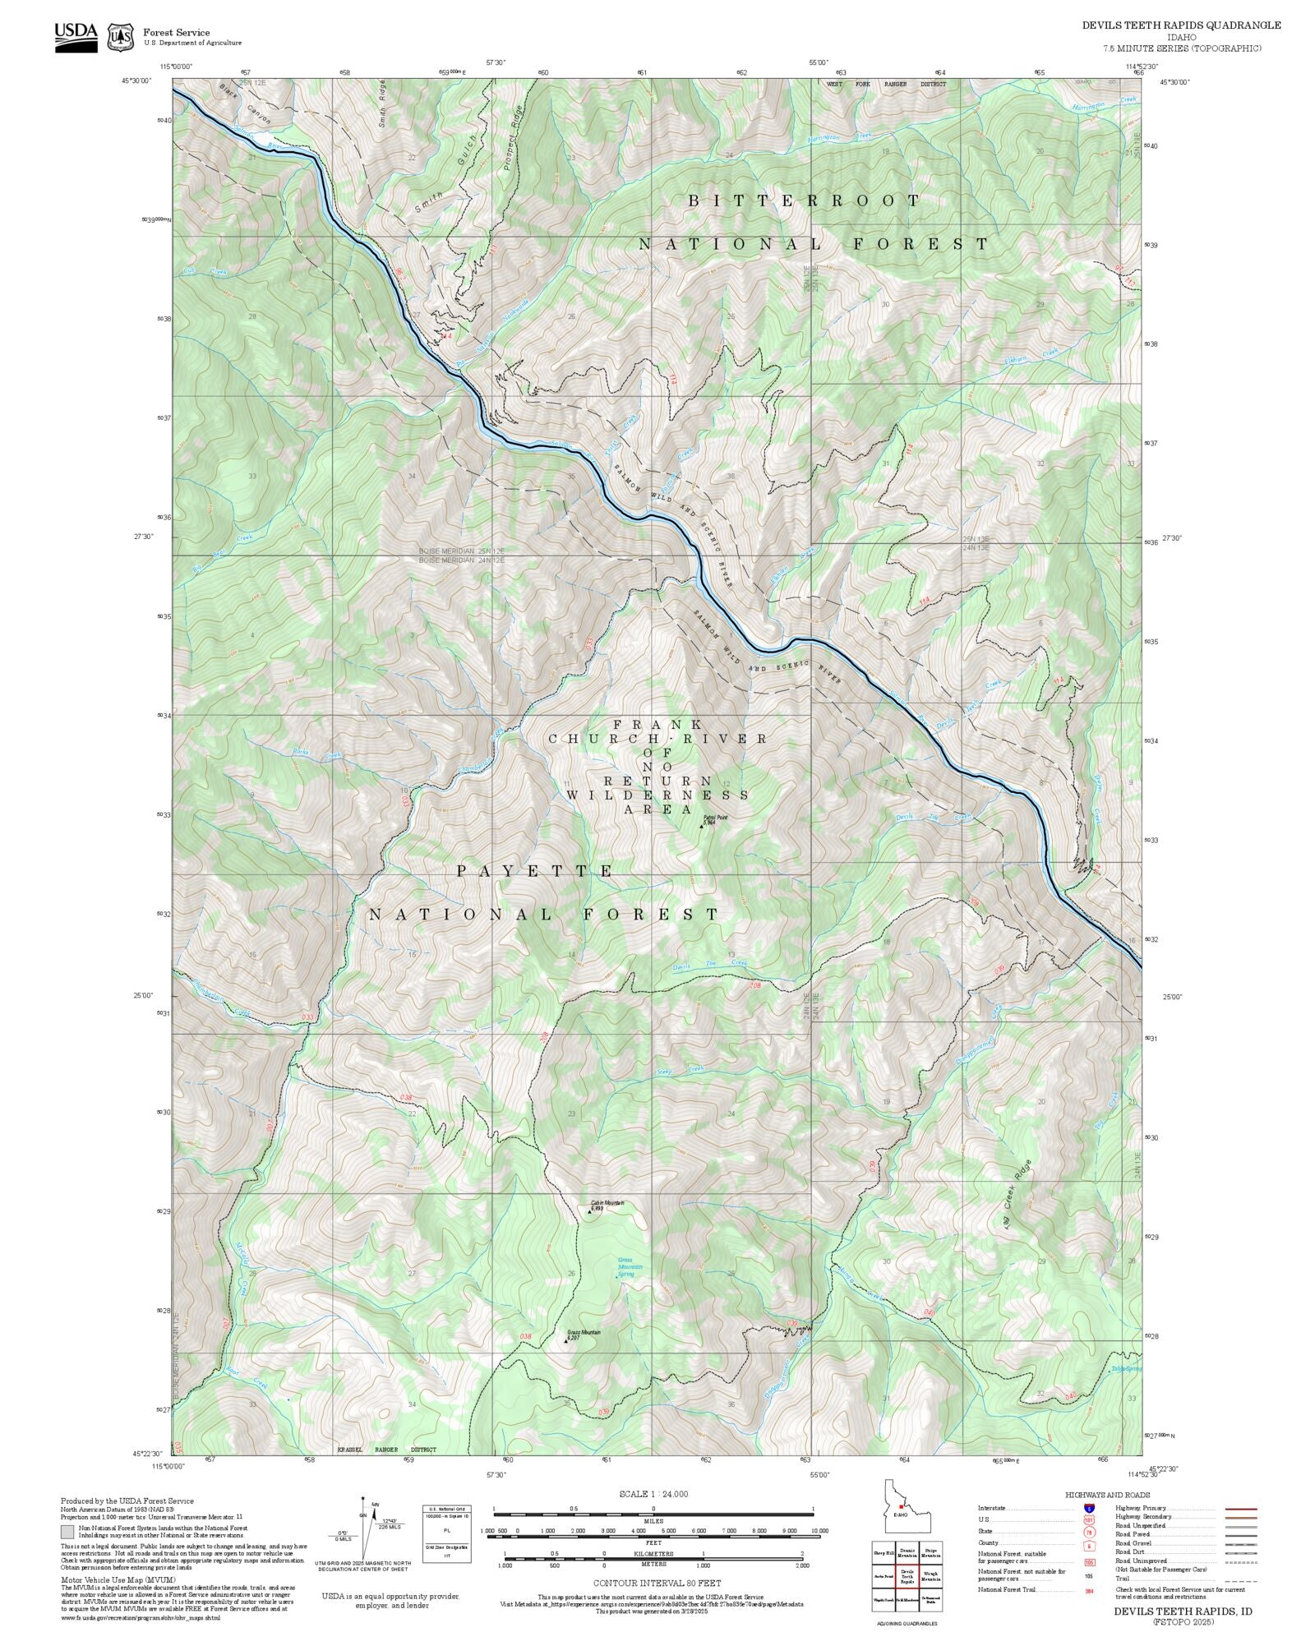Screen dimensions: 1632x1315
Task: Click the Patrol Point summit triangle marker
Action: (x=701, y=826)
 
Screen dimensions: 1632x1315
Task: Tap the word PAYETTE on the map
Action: (x=536, y=871)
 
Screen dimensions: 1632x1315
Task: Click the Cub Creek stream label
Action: (x=194, y=271)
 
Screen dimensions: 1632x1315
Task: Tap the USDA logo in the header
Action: (x=76, y=36)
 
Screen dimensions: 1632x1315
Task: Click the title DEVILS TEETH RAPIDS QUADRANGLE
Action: (x=1180, y=25)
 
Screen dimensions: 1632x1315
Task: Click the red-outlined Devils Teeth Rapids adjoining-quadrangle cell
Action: (x=907, y=1576)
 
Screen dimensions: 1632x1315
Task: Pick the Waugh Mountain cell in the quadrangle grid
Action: (x=930, y=1576)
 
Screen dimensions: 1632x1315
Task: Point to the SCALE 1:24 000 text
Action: (x=653, y=1494)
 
